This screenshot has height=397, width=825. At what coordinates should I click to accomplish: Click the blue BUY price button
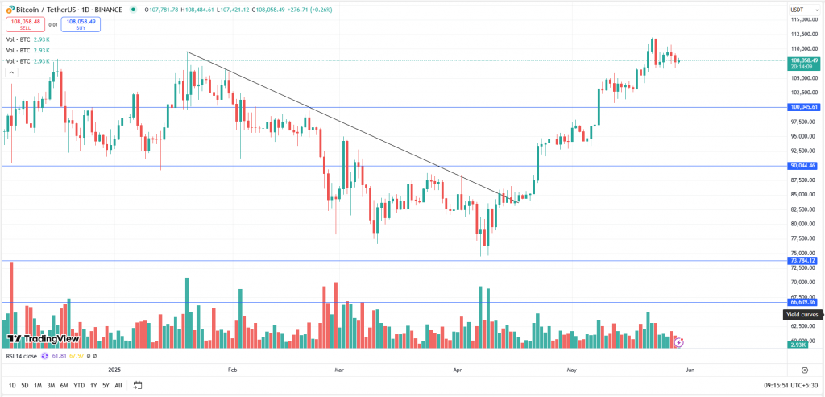(x=81, y=25)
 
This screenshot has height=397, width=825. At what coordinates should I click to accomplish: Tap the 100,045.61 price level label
(x=803, y=107)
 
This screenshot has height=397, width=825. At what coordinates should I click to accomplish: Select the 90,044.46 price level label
(x=803, y=166)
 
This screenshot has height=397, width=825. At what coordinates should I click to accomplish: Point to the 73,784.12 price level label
(x=803, y=261)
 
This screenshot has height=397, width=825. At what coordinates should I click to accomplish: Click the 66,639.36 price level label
(x=803, y=303)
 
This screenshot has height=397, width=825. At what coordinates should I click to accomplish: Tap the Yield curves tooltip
(x=802, y=315)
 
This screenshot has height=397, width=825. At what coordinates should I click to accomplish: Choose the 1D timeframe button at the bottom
(x=12, y=385)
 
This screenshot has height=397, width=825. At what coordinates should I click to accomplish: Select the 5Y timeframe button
(x=106, y=385)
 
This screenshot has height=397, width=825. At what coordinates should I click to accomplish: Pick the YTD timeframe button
(x=79, y=385)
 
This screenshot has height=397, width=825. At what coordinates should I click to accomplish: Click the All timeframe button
(x=118, y=385)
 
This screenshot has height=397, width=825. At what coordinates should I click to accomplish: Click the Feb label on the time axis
(x=233, y=370)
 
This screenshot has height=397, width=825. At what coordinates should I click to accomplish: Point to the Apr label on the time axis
(x=457, y=370)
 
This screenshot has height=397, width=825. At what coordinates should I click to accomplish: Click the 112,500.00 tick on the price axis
(x=802, y=34)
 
